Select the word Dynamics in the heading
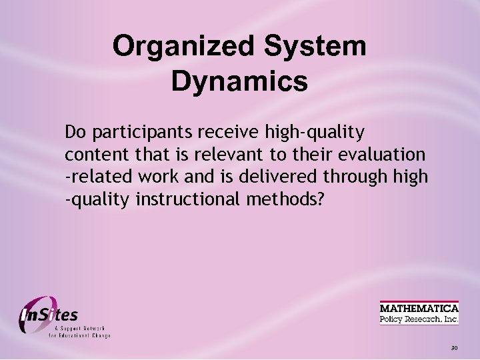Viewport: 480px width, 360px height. (239, 82)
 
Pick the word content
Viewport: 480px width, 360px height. (92, 155)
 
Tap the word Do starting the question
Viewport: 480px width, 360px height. (75, 132)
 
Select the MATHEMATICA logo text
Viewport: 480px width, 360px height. (419, 308)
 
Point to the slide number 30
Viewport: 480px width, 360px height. (454, 348)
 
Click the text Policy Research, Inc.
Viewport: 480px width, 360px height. (419, 319)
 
